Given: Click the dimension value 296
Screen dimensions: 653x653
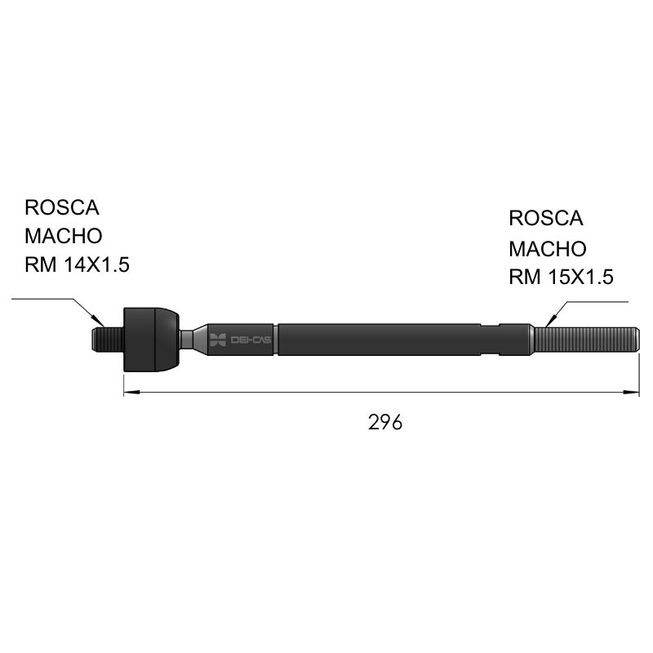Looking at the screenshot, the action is [385, 422].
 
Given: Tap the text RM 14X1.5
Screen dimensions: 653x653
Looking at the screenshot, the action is [77, 264].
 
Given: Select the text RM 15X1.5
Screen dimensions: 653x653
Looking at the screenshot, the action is [561, 277].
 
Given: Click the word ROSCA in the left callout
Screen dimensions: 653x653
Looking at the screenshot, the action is [62, 207].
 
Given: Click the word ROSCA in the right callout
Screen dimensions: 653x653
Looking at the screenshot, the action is [545, 218].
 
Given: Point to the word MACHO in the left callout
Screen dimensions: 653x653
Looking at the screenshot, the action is [64, 236].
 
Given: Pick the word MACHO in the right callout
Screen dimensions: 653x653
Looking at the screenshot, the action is [548, 249].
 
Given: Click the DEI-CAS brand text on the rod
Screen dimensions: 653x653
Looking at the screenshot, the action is [251, 340].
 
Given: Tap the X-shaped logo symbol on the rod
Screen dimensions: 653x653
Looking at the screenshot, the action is [218, 340].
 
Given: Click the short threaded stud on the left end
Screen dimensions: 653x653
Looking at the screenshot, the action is [108, 340].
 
